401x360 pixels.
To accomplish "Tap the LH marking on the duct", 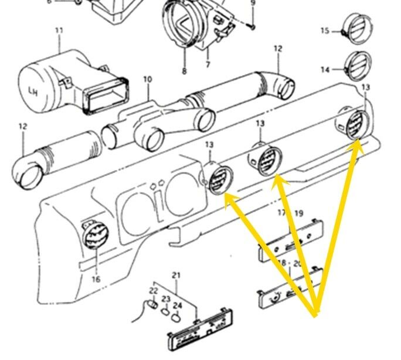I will click(32, 91).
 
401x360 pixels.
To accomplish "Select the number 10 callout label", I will click(147, 79).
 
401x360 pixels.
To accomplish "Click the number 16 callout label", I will click(96, 279).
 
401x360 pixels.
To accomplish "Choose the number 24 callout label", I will click(178, 305).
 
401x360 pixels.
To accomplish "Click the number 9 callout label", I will click(253, 3).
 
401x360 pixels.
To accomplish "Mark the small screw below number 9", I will click(251, 25).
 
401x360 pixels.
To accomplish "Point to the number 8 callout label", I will click(184, 72).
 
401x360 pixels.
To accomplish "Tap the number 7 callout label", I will click(208, 64).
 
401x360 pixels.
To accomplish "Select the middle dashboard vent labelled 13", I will click(266, 159).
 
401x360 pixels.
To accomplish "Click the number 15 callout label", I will click(325, 30).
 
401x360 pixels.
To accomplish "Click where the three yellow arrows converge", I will click(316, 311).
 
